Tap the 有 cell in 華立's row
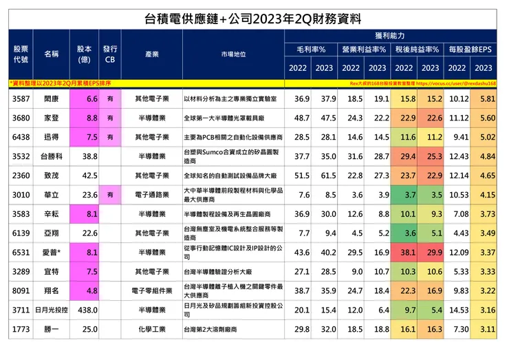[110, 195]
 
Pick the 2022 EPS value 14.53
[457, 310]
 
